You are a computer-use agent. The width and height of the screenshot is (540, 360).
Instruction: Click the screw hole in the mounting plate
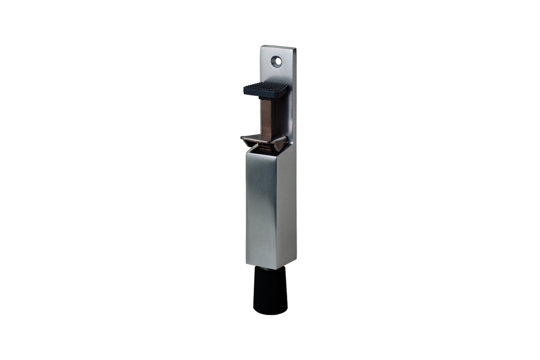[x=276, y=61]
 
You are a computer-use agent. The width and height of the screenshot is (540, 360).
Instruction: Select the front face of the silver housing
[x=259, y=211]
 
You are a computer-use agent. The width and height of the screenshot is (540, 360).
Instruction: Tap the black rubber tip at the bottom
[x=270, y=290]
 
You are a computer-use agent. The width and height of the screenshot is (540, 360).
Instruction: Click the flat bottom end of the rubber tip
[x=270, y=312]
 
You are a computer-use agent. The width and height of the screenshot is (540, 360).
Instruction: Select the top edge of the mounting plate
[x=278, y=47]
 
